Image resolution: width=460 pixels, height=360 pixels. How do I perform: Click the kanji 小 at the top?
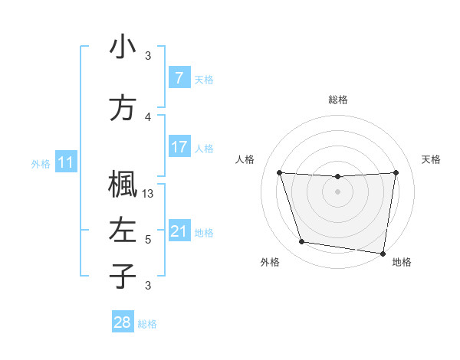point(123,47)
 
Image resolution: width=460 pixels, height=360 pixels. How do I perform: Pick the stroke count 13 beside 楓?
point(149,194)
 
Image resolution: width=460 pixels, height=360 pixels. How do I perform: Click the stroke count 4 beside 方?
point(148,117)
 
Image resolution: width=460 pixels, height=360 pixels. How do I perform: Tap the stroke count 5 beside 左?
point(148,240)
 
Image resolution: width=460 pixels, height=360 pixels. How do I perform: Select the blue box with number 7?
point(179,78)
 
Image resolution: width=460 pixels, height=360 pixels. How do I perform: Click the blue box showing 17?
point(179,147)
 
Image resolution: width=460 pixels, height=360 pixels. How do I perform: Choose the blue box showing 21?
point(179,231)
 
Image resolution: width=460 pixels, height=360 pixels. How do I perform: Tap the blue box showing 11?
point(65,162)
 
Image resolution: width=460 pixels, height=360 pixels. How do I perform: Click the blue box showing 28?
point(123,322)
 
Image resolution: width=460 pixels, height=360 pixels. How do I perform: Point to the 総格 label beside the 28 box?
point(147,324)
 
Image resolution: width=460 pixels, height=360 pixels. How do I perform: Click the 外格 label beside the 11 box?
point(40,163)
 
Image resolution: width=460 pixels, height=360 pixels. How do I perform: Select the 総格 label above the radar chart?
point(338,100)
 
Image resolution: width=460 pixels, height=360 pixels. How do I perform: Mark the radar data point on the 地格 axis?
point(383,253)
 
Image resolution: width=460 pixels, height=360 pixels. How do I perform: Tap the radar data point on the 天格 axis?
point(396,172)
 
